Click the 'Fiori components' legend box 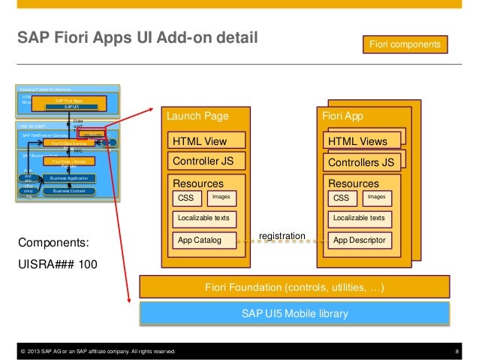(x=406, y=46)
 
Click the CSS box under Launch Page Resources (x=185, y=198)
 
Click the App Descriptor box (x=358, y=241)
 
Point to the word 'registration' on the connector (x=282, y=236)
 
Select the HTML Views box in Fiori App (x=360, y=141)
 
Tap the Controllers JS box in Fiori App (x=360, y=162)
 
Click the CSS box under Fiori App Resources (x=341, y=198)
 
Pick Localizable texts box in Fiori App (x=358, y=218)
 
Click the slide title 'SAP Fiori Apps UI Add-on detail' (x=133, y=37)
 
